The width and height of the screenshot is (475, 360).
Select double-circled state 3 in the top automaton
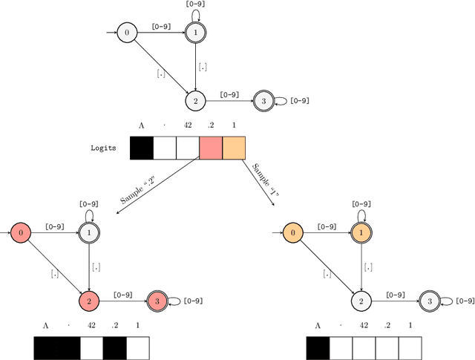pos(263,101)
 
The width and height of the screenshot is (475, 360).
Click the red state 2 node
pos(89,301)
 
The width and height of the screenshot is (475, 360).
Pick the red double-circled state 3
pos(157,301)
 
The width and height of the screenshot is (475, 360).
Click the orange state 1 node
pos(361,233)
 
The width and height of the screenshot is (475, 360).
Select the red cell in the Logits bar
pos(211,148)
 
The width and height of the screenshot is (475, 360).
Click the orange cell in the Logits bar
pos(234,148)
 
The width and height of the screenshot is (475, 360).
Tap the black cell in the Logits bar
pos(142,148)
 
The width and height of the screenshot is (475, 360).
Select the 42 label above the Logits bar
pos(187,125)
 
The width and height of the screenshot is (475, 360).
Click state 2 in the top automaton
pos(195,101)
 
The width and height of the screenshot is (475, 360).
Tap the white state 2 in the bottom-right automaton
pos(361,301)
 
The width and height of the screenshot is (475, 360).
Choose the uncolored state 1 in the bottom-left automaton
pos(89,233)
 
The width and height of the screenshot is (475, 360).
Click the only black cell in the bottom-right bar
pos(318,347)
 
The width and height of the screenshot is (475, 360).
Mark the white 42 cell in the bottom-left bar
pos(91,347)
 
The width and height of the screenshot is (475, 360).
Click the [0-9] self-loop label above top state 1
pos(195,4)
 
